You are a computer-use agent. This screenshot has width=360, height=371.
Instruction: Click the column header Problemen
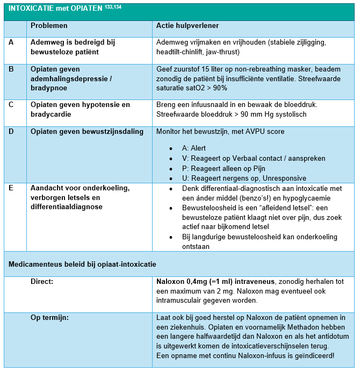point(49,26)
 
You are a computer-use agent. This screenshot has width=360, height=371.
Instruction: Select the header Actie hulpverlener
point(187,26)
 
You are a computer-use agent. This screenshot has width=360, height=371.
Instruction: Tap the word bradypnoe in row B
point(48,88)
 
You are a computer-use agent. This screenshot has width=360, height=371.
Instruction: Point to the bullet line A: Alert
point(194,148)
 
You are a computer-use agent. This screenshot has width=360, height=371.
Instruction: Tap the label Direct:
point(42,281)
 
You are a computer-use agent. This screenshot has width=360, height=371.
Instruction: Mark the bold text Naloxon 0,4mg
point(182,281)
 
